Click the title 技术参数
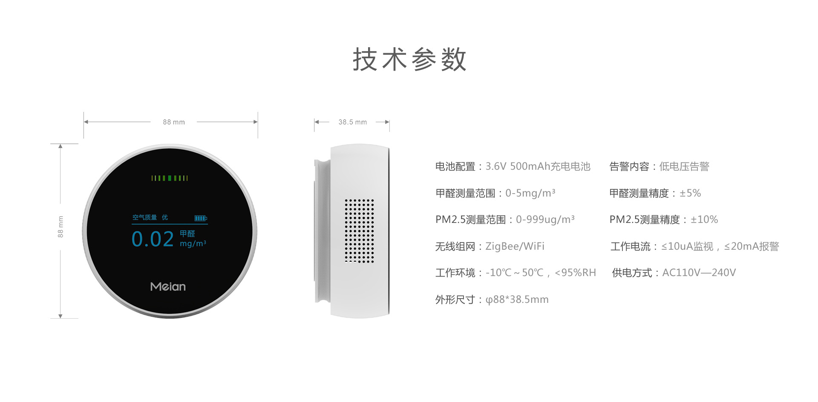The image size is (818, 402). pyautogui.click(x=409, y=59)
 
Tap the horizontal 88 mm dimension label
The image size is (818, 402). pyautogui.click(x=174, y=122)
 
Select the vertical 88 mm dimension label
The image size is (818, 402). pyautogui.click(x=60, y=227)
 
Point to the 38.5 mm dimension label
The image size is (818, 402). pyautogui.click(x=352, y=122)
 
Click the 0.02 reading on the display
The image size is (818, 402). pyautogui.click(x=153, y=239)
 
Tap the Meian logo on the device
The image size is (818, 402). pyautogui.click(x=168, y=286)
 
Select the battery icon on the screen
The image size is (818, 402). pyautogui.click(x=201, y=218)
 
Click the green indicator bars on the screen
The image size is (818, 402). pyautogui.click(x=170, y=178)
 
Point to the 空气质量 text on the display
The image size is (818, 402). pyautogui.click(x=144, y=217)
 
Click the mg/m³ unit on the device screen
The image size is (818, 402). pyautogui.click(x=193, y=243)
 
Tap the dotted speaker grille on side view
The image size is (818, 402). pyautogui.click(x=359, y=231)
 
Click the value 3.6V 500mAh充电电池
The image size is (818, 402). pyautogui.click(x=538, y=166)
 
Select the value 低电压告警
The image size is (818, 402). pyautogui.click(x=684, y=166)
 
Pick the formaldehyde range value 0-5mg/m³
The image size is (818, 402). pyautogui.click(x=530, y=193)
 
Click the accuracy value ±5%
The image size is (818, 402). pyautogui.click(x=690, y=193)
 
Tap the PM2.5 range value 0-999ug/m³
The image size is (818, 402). pyautogui.click(x=545, y=220)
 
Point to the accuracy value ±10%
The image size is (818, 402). pyautogui.click(x=704, y=220)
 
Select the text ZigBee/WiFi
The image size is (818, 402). pyautogui.click(x=515, y=246)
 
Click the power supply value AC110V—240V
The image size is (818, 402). pyautogui.click(x=699, y=273)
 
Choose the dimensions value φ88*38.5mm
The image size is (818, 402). pyautogui.click(x=517, y=299)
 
